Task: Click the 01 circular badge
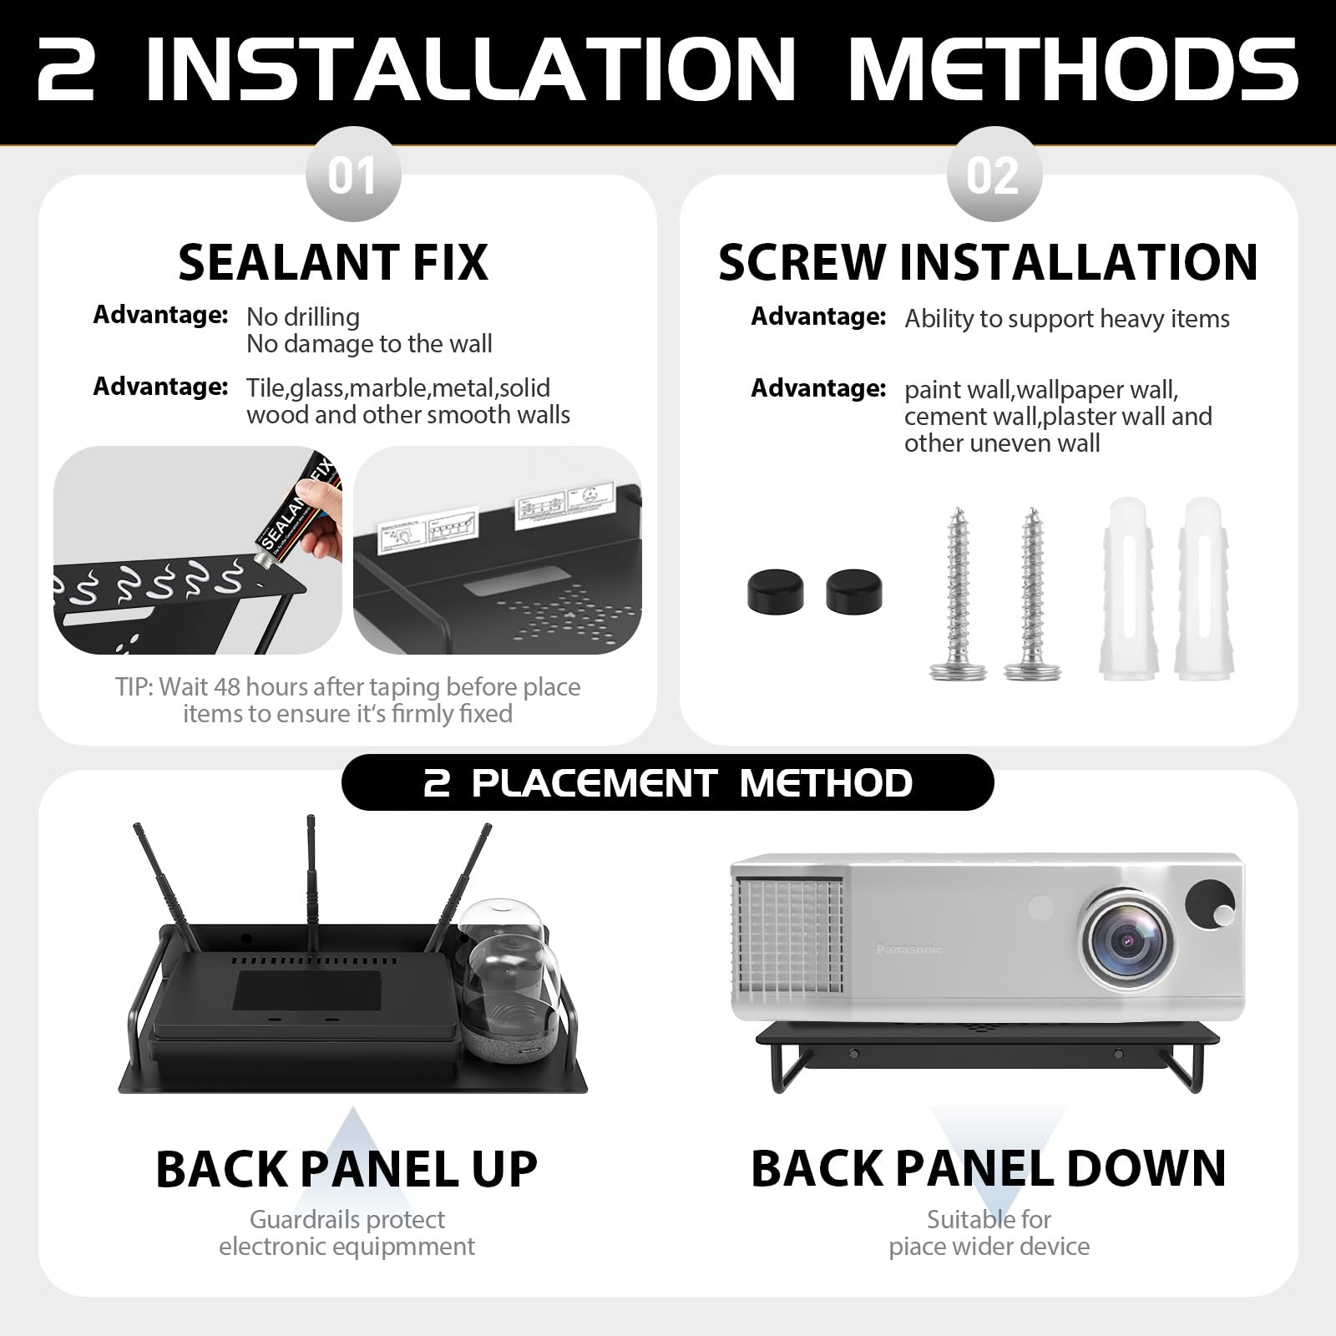(x=352, y=175)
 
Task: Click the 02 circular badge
(x=993, y=175)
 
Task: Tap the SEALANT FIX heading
(x=332, y=262)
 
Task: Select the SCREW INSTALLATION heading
(x=988, y=262)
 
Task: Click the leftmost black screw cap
(x=775, y=591)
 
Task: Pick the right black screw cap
(x=853, y=591)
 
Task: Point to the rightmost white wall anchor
(x=1203, y=588)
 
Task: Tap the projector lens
(x=1126, y=940)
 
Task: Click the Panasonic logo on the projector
(x=909, y=949)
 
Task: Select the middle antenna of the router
(x=312, y=885)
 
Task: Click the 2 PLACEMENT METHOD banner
(x=667, y=783)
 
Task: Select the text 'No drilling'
(x=303, y=317)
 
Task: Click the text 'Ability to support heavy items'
(x=1066, y=319)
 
